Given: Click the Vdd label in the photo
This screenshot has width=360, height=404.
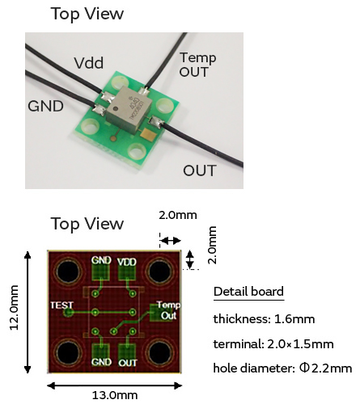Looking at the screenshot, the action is (x=89, y=63).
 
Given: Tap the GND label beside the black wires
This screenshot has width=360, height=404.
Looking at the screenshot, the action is (x=45, y=106).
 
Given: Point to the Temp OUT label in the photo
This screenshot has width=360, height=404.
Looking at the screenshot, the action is (x=198, y=65).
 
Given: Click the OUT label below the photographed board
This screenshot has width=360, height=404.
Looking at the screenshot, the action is (x=200, y=170).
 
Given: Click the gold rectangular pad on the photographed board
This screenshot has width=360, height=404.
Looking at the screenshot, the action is (x=148, y=134).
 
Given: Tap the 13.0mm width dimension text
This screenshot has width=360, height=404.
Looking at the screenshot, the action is (x=115, y=395).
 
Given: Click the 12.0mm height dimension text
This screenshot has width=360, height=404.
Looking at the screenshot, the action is (x=14, y=307).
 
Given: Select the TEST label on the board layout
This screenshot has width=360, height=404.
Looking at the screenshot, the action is (x=61, y=305).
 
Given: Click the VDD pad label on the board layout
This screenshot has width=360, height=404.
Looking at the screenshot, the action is (x=127, y=262).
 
